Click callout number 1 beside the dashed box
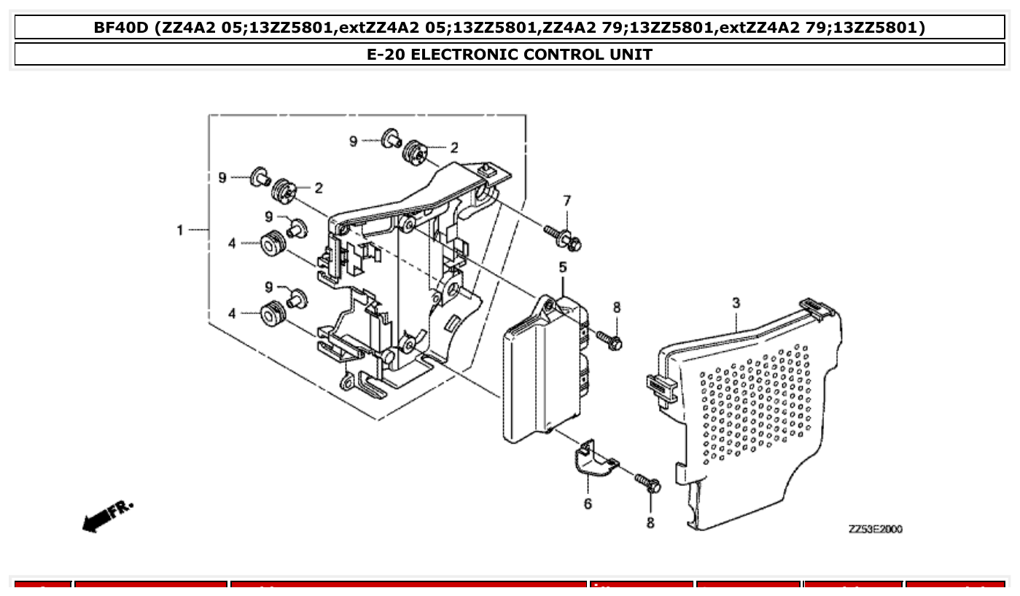click(x=180, y=230)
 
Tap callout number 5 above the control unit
click(x=563, y=268)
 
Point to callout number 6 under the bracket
click(x=588, y=503)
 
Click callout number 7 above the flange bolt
click(x=567, y=200)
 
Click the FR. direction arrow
click(x=108, y=516)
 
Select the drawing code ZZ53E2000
click(x=875, y=530)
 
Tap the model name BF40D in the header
click(x=120, y=28)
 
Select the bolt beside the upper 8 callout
click(x=609, y=339)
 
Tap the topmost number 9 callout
click(x=354, y=141)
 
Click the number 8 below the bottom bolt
click(x=650, y=522)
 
